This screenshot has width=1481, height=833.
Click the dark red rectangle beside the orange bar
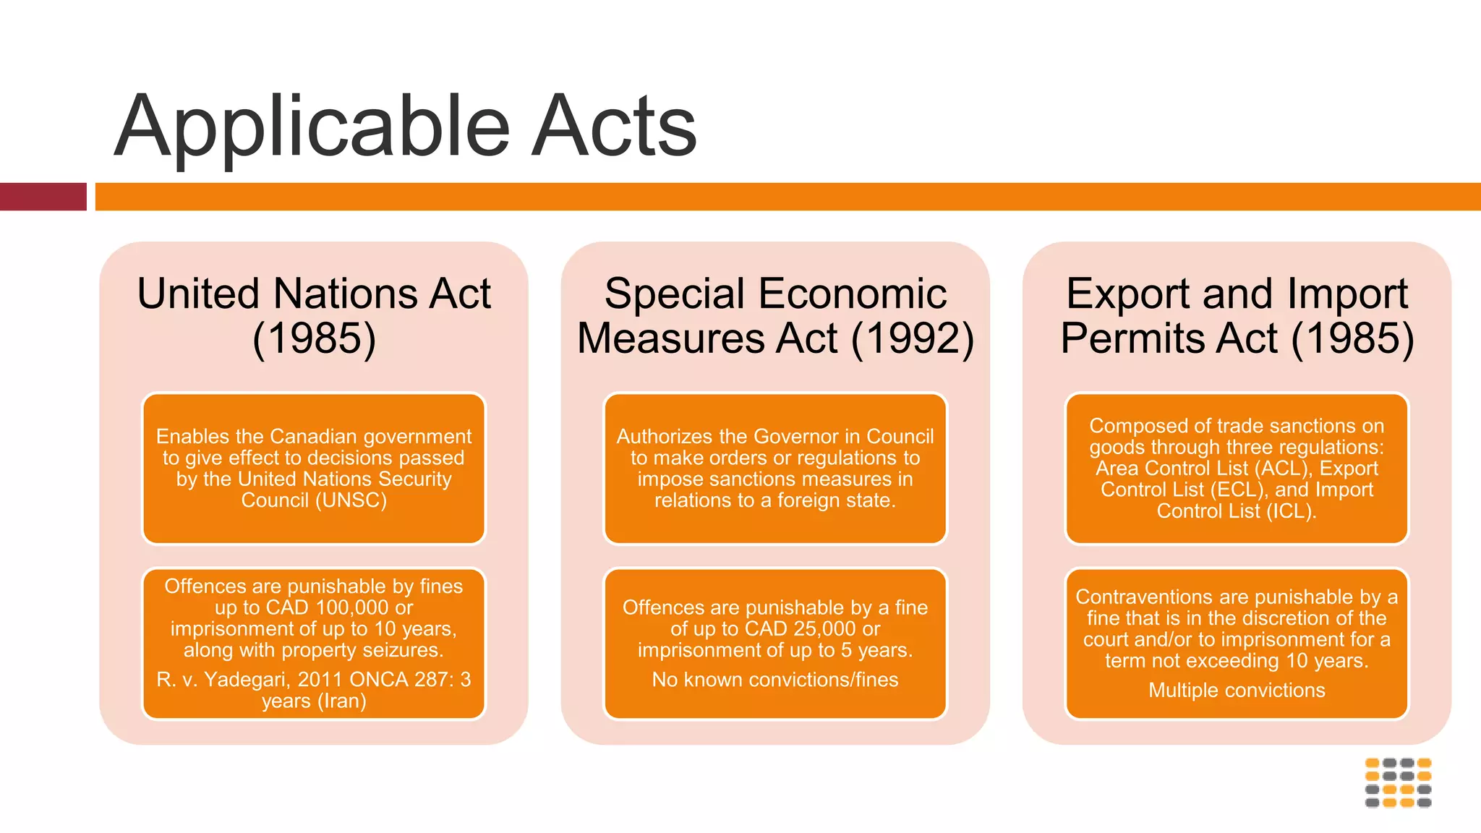[x=43, y=197]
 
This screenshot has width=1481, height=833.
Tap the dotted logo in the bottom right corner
[x=1398, y=782]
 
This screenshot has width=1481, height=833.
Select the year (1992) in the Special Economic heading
[x=913, y=338]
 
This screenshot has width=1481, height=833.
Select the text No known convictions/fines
[x=775, y=680]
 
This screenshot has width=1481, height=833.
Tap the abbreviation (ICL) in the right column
[x=1292, y=511]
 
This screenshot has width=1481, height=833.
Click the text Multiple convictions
[x=1237, y=691]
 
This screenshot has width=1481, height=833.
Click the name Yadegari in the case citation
[x=248, y=680]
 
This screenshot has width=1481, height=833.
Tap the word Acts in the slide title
[x=614, y=127]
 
